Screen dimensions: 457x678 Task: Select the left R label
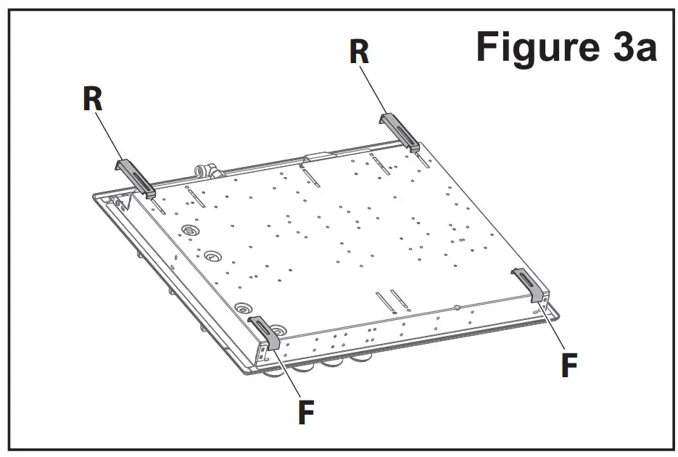point(92,99)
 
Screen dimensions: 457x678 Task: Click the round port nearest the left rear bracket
point(191,230)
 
